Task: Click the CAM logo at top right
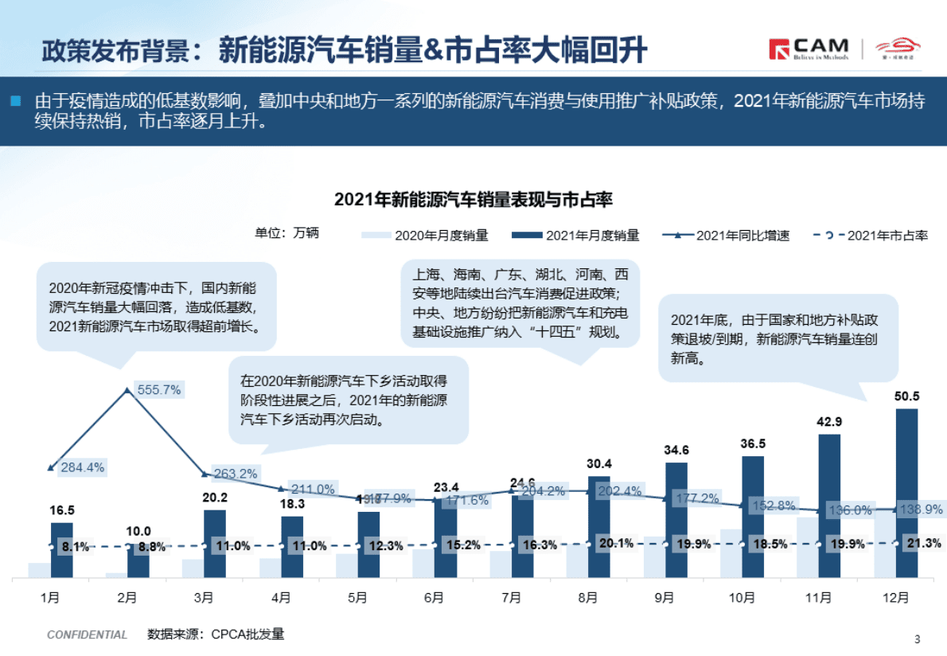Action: pyautogui.click(x=809, y=49)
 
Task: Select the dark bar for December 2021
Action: pyautogui.click(x=906, y=494)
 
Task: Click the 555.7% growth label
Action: pyautogui.click(x=159, y=389)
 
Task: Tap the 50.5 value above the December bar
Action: pyautogui.click(x=906, y=396)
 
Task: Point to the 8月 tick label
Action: pyautogui.click(x=588, y=597)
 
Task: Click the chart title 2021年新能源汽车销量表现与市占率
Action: pyautogui.click(x=473, y=199)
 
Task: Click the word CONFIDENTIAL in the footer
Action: pyautogui.click(x=87, y=635)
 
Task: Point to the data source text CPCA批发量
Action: pyautogui.click(x=216, y=635)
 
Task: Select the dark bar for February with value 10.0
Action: pyautogui.click(x=138, y=562)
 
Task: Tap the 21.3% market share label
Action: pyautogui.click(x=923, y=544)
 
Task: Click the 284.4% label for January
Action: pyautogui.click(x=83, y=467)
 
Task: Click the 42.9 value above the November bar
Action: pyautogui.click(x=829, y=422)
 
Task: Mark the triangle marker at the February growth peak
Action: pyautogui.click(x=127, y=390)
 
